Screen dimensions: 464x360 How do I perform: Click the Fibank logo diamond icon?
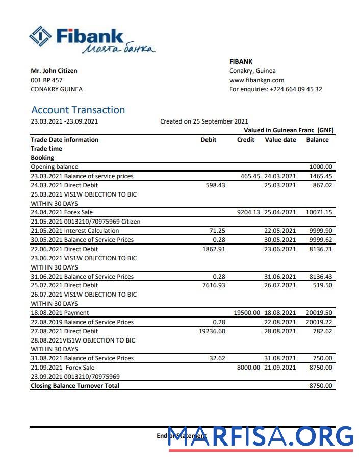coord(41,36)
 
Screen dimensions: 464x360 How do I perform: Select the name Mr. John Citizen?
coord(54,71)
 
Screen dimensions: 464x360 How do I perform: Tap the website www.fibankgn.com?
coord(256,80)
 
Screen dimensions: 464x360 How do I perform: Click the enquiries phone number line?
coord(275,89)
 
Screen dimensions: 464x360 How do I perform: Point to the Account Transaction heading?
coord(78,110)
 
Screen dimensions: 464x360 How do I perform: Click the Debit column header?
coord(209,140)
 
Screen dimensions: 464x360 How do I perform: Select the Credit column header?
coord(246,140)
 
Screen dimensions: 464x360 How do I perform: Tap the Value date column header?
coord(280,140)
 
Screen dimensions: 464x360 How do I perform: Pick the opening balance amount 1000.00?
coord(321,167)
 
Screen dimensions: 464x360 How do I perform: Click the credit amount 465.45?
coord(250,176)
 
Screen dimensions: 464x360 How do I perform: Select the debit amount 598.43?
coord(215,185)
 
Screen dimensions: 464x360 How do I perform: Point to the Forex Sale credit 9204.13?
coord(248,212)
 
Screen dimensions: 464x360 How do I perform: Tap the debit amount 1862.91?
coord(214,249)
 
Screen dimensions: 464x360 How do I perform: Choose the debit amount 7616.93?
coord(214,285)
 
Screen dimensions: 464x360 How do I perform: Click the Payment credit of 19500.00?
coord(247,313)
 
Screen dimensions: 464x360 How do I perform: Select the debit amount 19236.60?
coord(212,331)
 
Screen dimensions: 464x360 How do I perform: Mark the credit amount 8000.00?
coord(248,368)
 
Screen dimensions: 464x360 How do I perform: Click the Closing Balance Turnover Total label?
coord(75,386)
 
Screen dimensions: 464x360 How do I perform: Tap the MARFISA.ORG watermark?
coord(261,436)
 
